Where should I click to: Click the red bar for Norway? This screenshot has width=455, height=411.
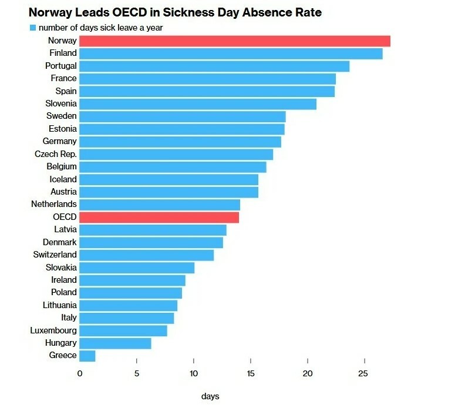pos(235,41)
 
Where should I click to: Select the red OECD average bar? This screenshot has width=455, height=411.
pos(159,217)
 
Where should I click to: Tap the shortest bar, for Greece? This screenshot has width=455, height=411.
pos(87,356)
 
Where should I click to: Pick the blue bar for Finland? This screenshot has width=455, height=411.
pos(231,54)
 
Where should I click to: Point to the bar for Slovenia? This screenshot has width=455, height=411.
pos(198,104)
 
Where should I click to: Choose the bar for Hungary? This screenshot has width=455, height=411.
pos(115,343)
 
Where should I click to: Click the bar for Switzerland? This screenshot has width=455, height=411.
pos(147,255)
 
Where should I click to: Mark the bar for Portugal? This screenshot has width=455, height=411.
pos(214,66)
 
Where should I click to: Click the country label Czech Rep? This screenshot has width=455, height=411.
pos(56,154)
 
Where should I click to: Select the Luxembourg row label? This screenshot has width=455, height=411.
pos(53,330)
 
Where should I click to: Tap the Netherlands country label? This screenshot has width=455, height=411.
pos(54,205)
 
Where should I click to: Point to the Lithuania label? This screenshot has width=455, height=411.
pos(60,305)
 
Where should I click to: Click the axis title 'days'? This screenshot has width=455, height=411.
pos(210,396)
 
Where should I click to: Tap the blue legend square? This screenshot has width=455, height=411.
pos(33,28)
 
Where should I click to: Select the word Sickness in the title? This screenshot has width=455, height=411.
pos(178,12)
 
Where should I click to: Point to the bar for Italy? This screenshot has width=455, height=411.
pos(127,318)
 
